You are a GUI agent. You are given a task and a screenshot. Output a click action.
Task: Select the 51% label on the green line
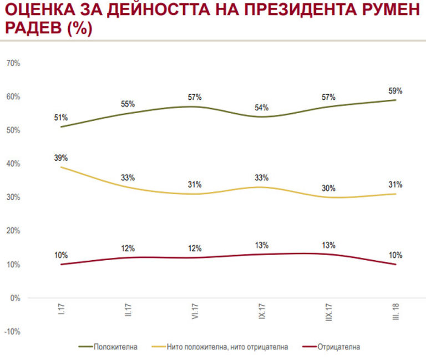click(61, 118)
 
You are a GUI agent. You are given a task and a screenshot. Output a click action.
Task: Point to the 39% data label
click(61, 158)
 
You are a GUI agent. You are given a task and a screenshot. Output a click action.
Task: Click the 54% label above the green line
click(262, 107)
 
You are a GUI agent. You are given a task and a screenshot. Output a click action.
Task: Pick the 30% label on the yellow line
click(328, 188)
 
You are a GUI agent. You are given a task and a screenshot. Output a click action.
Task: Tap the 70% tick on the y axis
click(13, 63)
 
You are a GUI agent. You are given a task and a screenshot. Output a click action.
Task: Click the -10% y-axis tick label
click(12, 332)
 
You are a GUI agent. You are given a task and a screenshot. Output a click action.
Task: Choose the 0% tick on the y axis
click(16, 298)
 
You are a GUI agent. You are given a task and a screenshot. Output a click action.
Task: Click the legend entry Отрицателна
click(339, 347)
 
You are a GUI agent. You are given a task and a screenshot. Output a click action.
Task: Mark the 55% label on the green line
click(128, 104)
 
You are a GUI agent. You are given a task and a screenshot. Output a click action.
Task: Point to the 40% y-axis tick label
click(13, 164)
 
